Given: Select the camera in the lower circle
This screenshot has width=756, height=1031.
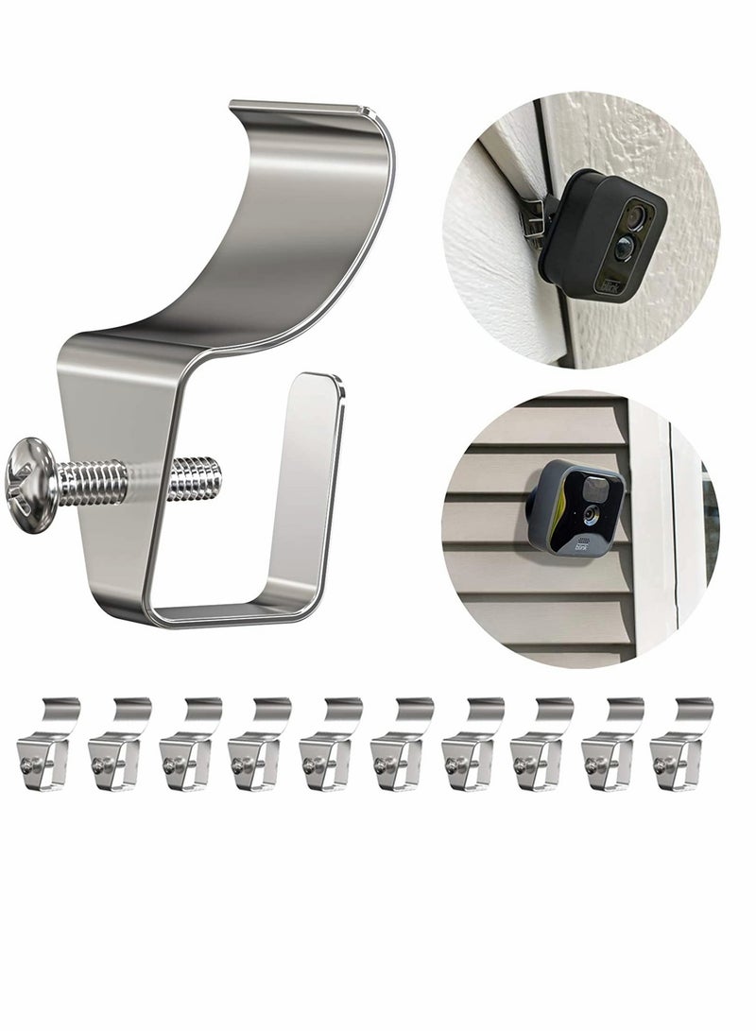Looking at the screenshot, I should tap(575, 510).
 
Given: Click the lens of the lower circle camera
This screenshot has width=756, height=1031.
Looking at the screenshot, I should tap(590, 516).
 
